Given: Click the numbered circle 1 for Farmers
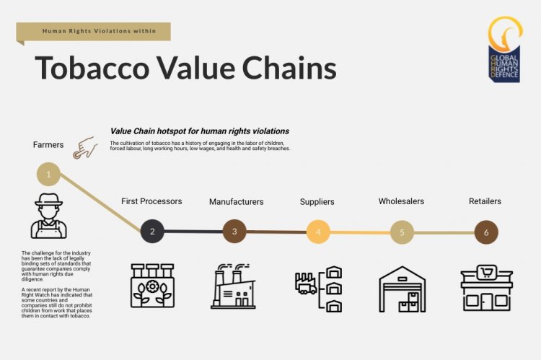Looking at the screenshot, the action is (48, 175).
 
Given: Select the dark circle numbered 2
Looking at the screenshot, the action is (152, 232).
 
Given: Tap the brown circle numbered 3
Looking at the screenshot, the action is (234, 232).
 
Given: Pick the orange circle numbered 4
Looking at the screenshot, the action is (318, 232).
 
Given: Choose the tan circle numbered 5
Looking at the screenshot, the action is (402, 232).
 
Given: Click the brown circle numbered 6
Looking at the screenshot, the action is (486, 232).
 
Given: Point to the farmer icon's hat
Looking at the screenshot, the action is (48, 200).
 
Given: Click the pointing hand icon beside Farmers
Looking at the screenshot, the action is (85, 147).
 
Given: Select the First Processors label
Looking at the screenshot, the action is (151, 201).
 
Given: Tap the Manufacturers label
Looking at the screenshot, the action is (237, 201).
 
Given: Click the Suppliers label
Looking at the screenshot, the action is (317, 201).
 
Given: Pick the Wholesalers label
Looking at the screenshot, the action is (401, 201).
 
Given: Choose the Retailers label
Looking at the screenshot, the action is (485, 201).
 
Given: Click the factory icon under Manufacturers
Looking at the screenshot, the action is (234, 286).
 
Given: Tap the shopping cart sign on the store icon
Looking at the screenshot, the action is (486, 273).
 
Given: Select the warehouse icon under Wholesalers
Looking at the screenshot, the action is (403, 289).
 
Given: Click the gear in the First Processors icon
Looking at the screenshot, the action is (151, 286).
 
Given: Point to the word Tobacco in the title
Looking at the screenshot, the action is (92, 68).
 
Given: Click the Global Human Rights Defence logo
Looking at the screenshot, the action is (505, 50).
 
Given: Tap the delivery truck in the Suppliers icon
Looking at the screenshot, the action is (306, 287).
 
